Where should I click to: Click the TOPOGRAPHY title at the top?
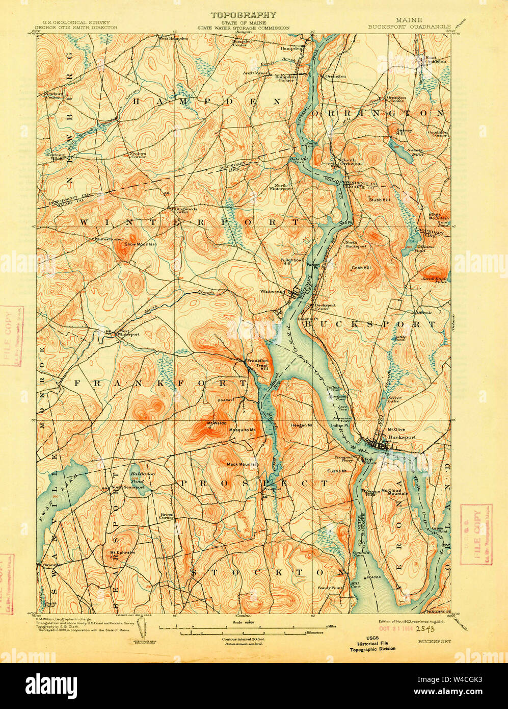(x=244, y=15)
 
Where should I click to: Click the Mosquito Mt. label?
(x=242, y=431)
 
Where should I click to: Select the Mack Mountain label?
(x=243, y=464)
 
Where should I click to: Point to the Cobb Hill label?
(x=361, y=267)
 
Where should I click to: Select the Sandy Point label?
(x=330, y=588)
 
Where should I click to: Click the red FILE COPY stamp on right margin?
(x=476, y=535)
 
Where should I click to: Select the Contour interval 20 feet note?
(x=242, y=639)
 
